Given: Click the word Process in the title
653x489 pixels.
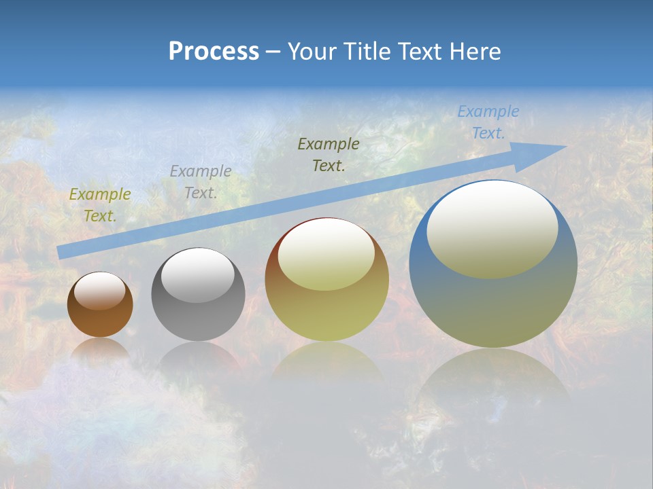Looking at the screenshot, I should pos(214,52).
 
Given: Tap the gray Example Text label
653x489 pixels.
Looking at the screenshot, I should pos(201,182).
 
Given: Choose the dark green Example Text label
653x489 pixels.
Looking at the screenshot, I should pos(329,155).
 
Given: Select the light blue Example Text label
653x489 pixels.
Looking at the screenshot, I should pos(488,122).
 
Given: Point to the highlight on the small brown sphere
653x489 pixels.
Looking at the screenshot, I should pos(100,290).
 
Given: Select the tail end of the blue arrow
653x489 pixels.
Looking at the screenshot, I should pos(61,253).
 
